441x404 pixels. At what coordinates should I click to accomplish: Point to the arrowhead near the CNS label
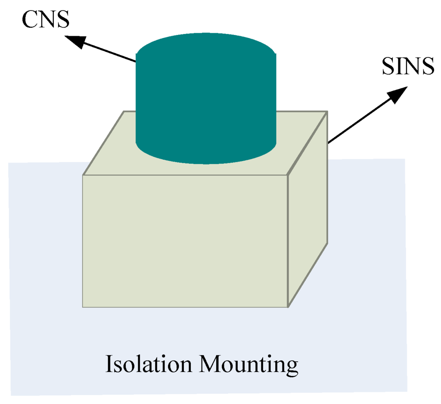(x=75, y=40)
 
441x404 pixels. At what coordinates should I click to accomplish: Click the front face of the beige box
(x=185, y=241)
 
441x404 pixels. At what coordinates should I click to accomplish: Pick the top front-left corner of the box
(x=83, y=175)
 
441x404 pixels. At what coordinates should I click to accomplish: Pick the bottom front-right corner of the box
(x=288, y=307)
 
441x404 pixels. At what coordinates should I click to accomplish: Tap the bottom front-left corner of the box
(x=83, y=307)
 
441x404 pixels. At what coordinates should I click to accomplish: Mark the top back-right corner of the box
(x=328, y=112)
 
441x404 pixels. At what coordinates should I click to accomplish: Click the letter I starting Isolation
(x=109, y=364)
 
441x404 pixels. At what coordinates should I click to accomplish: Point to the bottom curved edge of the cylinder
(x=206, y=163)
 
